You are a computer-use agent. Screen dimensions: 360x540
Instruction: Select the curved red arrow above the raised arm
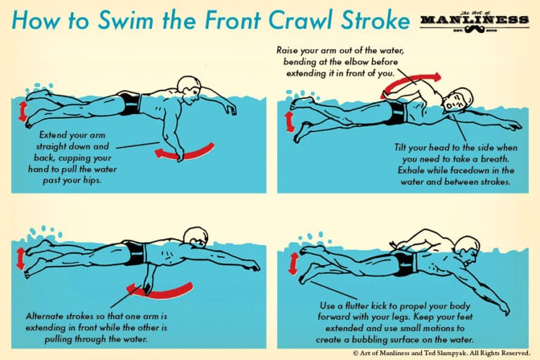point(411,82)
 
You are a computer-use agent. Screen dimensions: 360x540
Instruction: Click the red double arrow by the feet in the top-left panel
point(24,111)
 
